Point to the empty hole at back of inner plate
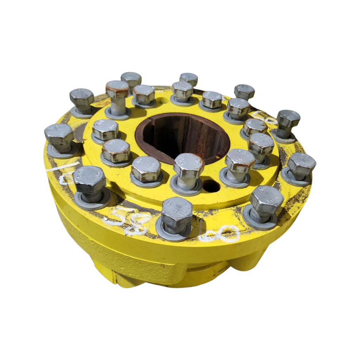(x=162, y=101)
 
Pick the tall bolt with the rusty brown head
(x=117, y=90)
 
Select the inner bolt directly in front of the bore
(x=188, y=166)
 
